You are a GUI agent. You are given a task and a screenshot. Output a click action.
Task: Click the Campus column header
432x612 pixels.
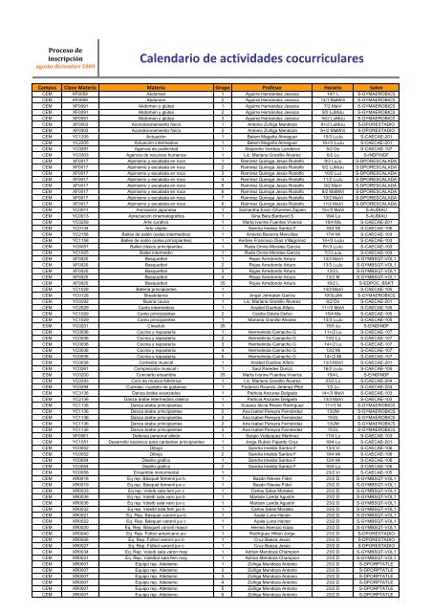click(x=20, y=84)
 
